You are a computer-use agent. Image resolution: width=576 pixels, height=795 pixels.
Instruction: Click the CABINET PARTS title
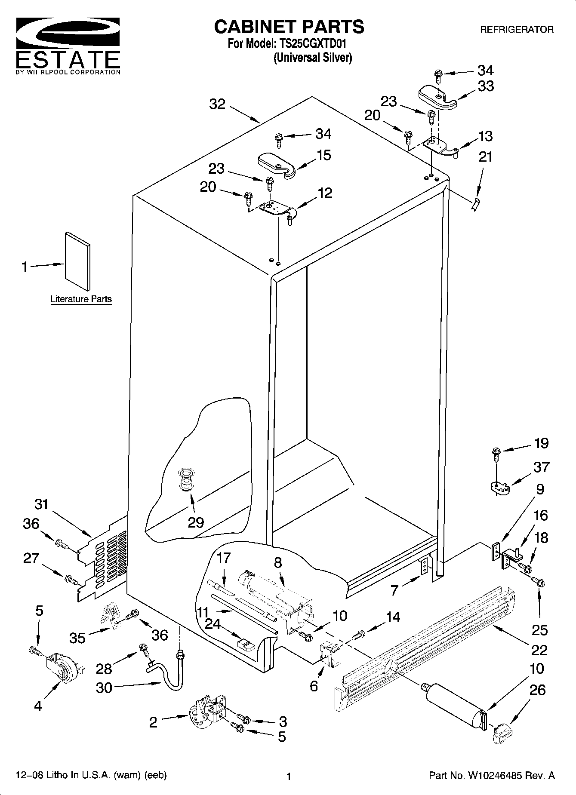click(x=289, y=27)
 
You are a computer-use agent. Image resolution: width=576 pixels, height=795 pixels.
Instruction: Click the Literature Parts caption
click(x=81, y=299)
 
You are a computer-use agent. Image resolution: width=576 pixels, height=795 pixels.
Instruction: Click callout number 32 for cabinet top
click(x=218, y=104)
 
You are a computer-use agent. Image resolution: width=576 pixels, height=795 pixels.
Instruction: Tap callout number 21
click(x=485, y=157)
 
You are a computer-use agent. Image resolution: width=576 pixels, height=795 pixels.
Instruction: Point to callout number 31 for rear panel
click(x=41, y=503)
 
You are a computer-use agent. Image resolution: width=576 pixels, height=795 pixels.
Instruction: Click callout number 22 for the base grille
click(x=539, y=650)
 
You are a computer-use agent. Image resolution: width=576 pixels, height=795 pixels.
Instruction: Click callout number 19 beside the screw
click(x=541, y=443)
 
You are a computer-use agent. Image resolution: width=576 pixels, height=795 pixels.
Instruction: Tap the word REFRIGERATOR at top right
click(x=517, y=30)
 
